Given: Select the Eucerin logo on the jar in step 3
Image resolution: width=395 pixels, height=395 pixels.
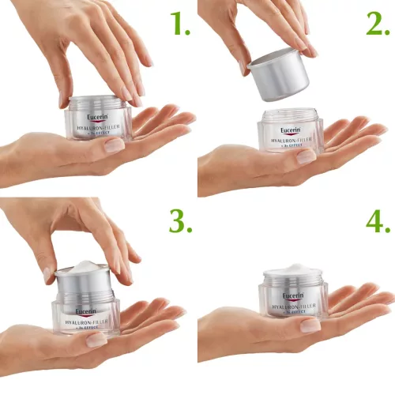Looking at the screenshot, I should click(x=86, y=310).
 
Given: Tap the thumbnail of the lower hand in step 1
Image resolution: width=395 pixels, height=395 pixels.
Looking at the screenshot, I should click(x=115, y=145).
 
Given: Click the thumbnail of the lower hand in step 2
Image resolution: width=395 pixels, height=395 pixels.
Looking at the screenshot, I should click(x=307, y=156).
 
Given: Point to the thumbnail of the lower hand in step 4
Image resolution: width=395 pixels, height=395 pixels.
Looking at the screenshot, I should click(x=310, y=325).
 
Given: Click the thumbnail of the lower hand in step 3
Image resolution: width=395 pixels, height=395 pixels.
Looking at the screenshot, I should click(x=96, y=340).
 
